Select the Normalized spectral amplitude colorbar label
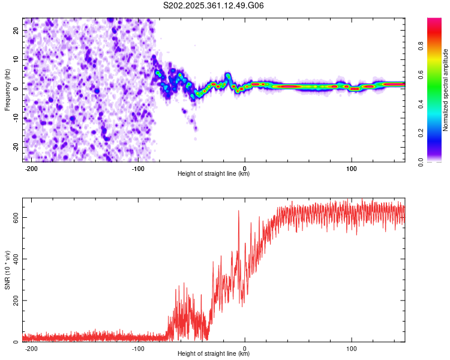click(x=445, y=90)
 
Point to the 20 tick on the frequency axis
click(x=16, y=30)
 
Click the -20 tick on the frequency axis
click(x=14, y=147)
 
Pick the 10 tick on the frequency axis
click(x=16, y=59)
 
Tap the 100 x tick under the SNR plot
click(x=352, y=349)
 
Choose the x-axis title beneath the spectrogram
click(x=214, y=174)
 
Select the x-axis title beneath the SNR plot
click(x=214, y=354)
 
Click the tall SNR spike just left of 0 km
click(x=239, y=211)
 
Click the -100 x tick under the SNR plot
click(x=137, y=349)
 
